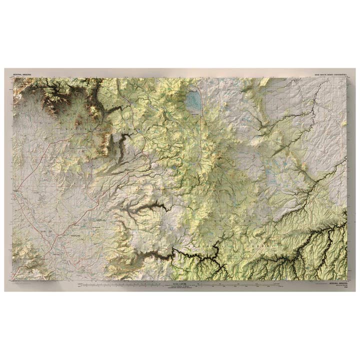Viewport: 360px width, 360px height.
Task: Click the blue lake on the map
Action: point(193,101)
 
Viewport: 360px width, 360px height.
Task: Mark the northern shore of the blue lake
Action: point(192,92)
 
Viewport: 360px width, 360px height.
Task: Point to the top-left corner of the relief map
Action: point(13,77)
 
